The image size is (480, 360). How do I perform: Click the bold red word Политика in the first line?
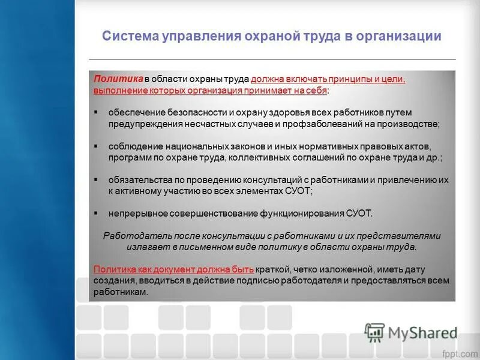[118, 79]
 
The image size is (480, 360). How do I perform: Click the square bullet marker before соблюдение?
[97, 146]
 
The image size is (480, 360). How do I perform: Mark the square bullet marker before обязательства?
[97, 180]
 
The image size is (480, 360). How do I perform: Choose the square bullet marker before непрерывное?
[97, 213]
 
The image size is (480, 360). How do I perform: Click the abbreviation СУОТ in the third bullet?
[298, 191]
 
